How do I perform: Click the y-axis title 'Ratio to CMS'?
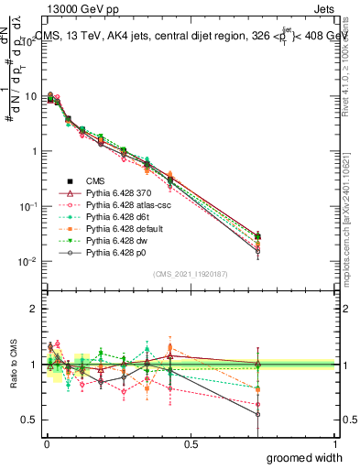pos(12,365)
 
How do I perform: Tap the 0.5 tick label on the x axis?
pos(191,443)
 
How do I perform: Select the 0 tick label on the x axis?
pos(46,443)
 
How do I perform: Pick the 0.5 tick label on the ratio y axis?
pos(28,420)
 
